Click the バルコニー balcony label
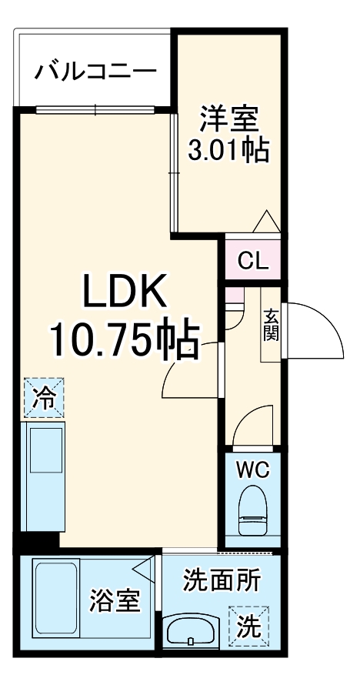95,73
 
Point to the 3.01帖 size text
228,150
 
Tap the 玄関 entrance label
272,326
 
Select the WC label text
253,470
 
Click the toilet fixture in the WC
253,511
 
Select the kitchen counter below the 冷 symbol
45,477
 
